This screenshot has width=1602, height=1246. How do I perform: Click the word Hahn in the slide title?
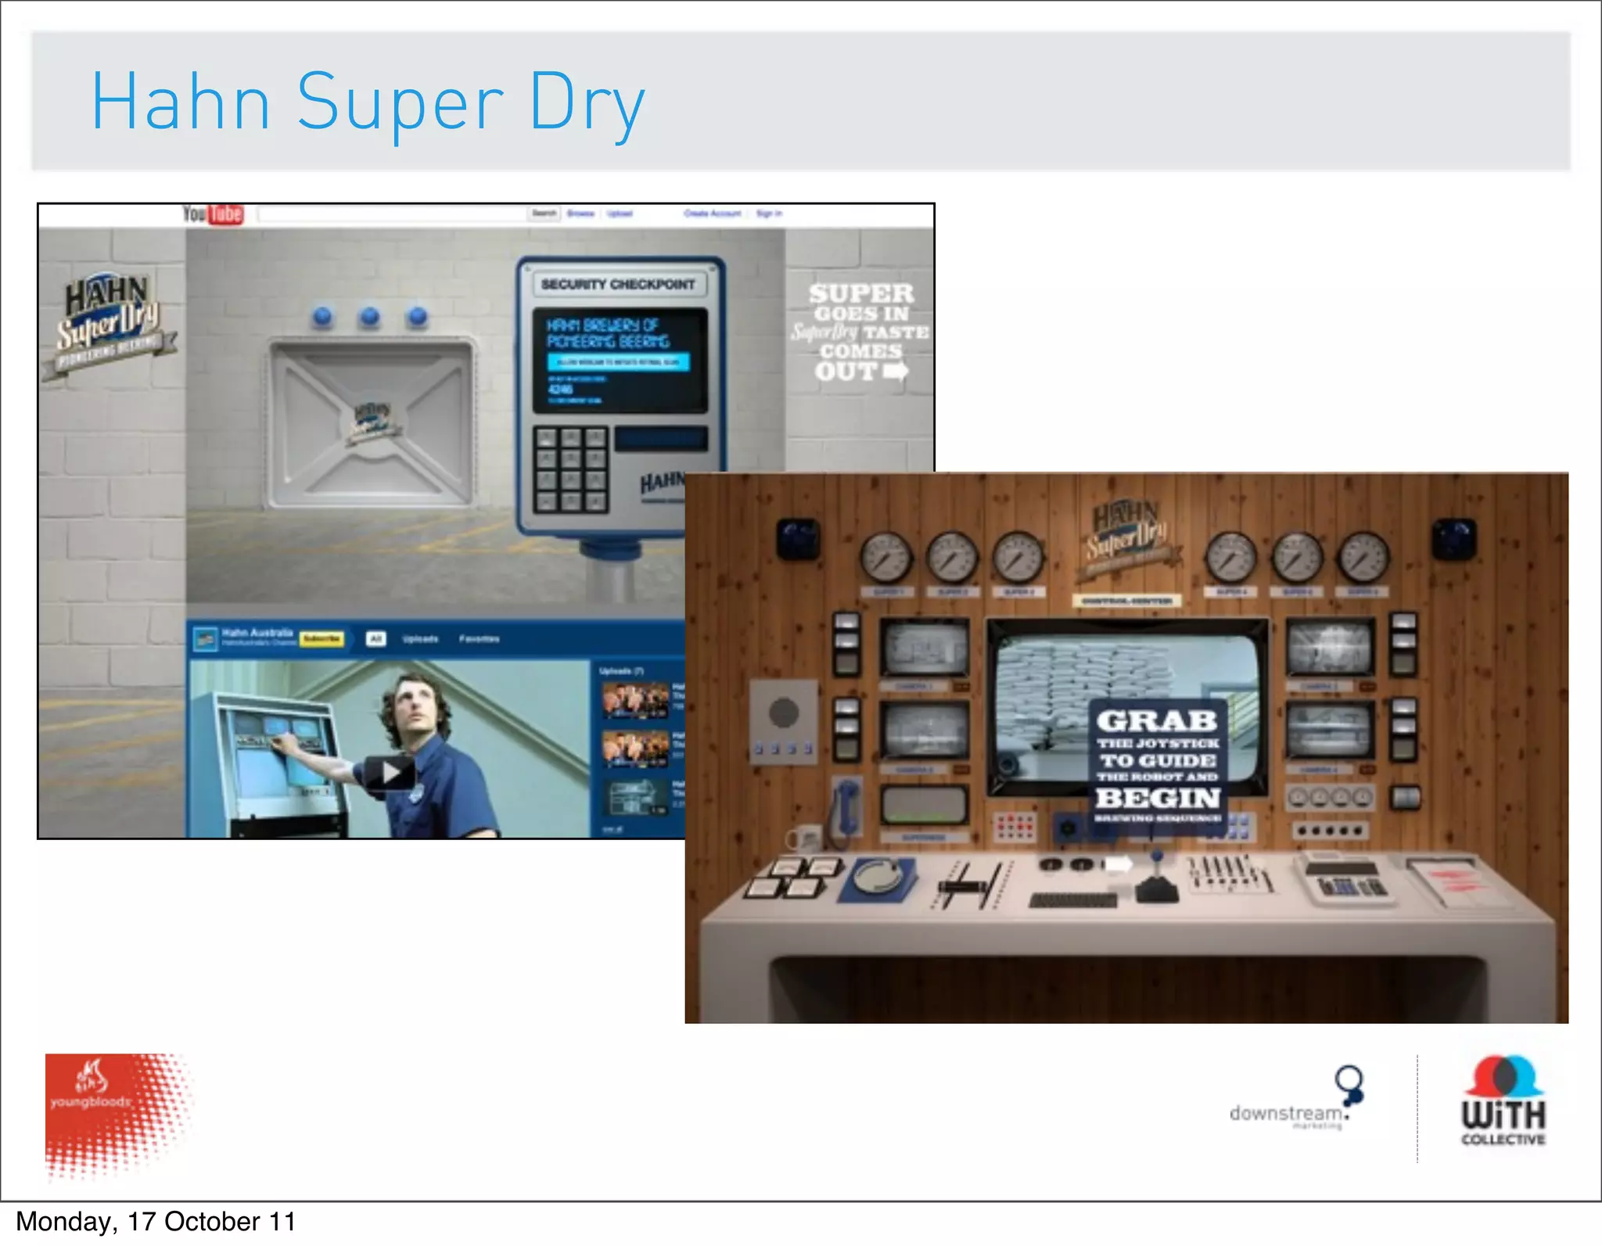click(181, 102)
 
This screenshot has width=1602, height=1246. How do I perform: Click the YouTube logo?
click(213, 214)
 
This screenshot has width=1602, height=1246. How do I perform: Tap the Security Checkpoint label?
click(618, 284)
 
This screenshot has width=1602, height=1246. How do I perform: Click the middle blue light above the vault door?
click(370, 316)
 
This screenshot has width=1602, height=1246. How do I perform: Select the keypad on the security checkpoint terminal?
click(571, 469)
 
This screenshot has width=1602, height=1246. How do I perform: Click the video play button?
click(389, 773)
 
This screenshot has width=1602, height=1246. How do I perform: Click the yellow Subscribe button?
click(321, 638)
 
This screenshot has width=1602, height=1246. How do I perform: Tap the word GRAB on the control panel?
click(1156, 720)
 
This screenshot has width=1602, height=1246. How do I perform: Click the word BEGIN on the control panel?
click(1158, 798)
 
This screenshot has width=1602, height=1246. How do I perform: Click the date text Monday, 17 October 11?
click(156, 1222)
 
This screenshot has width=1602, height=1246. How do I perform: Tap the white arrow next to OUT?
click(896, 371)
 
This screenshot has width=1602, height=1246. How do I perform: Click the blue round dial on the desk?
click(877, 878)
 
